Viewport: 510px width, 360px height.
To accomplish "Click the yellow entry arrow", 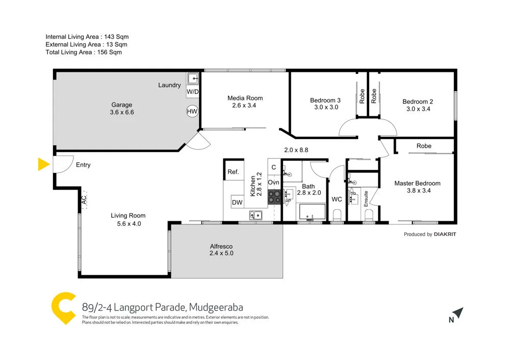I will (43, 164).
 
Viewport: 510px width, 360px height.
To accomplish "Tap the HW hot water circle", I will (192, 111).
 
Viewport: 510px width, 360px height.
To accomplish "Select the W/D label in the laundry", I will (192, 92).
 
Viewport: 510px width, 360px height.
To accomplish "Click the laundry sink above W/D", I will (193, 79).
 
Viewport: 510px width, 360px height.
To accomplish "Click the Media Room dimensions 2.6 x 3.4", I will (245, 106).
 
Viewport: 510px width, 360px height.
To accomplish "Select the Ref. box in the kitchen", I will (233, 172).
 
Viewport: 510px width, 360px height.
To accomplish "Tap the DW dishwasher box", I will (237, 202).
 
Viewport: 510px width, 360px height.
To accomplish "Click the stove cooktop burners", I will (274, 197).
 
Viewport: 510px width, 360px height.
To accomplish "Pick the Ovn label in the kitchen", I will (273, 182).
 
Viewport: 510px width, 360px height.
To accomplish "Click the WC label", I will (337, 199).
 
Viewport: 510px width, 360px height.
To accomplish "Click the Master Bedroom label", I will (417, 183).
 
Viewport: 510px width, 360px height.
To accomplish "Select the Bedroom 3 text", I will (325, 100).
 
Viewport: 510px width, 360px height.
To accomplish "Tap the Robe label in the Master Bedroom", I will (424, 146).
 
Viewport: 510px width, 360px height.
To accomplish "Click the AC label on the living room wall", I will (83, 201).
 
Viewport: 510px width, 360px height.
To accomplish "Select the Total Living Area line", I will (84, 52).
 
